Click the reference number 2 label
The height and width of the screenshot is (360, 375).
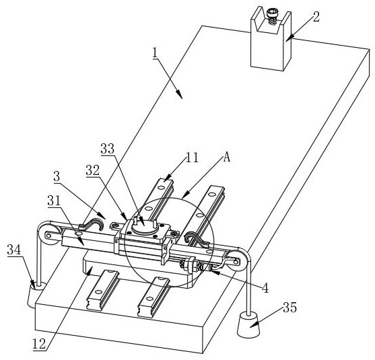pyautogui.click(x=316, y=17)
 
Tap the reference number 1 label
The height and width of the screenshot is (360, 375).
pyautogui.click(x=156, y=52)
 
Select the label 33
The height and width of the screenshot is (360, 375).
pyautogui.click(x=107, y=149)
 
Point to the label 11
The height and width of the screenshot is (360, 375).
pyautogui.click(x=192, y=157)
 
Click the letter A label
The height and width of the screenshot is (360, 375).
pyautogui.click(x=226, y=157)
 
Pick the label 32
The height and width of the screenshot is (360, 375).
pyautogui.click(x=93, y=170)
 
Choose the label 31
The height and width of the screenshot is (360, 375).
pyautogui.click(x=55, y=201)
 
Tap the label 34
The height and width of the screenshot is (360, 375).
pyautogui.click(x=14, y=250)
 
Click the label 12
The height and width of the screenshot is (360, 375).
pyautogui.click(x=39, y=345)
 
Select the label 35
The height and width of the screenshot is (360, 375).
pyautogui.click(x=290, y=308)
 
